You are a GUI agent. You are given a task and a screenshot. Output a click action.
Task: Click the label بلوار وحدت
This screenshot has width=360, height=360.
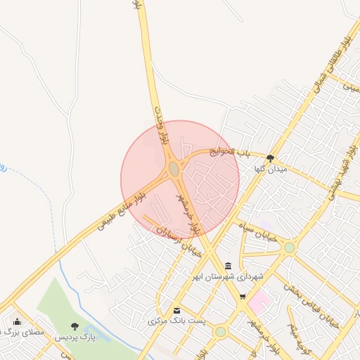coord(162,125)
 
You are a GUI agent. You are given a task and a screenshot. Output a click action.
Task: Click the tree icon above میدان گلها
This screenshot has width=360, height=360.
coord(271,158)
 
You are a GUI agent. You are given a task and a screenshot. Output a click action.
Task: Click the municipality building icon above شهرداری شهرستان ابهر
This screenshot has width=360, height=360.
coord(229,266)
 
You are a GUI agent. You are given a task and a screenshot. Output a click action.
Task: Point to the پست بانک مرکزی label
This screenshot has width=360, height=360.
coord(177,321)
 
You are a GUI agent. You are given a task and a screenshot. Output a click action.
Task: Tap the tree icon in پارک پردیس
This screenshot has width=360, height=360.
coord(75,327)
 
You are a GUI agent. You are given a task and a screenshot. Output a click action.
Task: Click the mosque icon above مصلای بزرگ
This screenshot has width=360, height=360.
coord(17,321)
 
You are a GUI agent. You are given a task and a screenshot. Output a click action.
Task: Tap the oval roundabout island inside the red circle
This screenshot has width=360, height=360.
coord(174,169)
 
